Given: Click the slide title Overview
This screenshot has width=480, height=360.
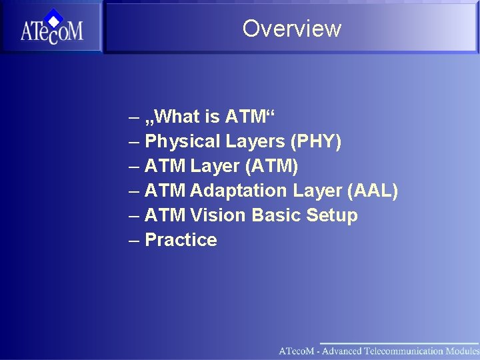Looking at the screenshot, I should click(291, 29).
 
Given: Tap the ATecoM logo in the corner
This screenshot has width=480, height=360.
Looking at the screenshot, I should click(51, 28).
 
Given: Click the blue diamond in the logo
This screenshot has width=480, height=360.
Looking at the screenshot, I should click(55, 17).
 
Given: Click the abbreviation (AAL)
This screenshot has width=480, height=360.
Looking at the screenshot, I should click(373, 191).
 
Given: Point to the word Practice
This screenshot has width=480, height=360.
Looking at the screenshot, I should click(181, 240).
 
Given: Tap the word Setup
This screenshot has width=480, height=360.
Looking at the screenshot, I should click(331, 215).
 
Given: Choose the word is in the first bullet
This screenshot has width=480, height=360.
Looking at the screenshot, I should click(212, 117).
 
